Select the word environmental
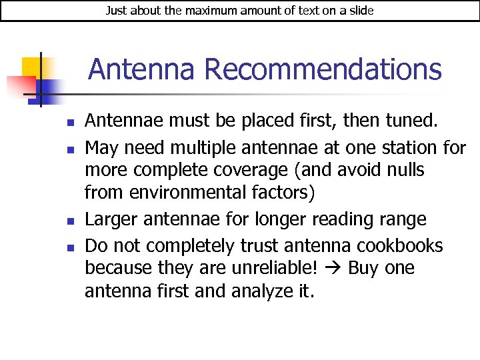point(189,193)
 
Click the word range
point(403,219)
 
